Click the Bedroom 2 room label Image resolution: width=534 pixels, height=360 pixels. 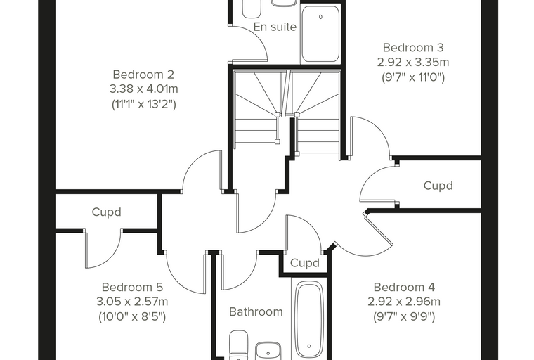(x=143, y=75)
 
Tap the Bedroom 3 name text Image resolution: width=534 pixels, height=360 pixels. (x=413, y=47)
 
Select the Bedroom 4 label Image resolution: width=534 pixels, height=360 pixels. (x=404, y=287)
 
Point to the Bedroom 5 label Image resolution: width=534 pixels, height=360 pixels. (x=132, y=287)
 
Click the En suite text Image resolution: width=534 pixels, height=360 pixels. (x=275, y=27)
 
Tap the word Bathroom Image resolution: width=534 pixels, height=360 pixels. (x=256, y=311)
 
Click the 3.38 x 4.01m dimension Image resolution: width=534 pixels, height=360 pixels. (x=144, y=89)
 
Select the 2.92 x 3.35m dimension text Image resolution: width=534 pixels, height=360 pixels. (x=413, y=62)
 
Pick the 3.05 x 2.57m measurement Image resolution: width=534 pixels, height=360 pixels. (x=132, y=302)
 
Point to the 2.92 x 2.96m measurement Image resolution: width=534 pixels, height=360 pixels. (x=404, y=302)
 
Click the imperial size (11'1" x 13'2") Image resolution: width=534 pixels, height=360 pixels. (x=144, y=104)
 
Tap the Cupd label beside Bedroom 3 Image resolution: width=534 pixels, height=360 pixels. (x=438, y=186)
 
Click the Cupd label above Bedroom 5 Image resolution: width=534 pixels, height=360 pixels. (x=106, y=212)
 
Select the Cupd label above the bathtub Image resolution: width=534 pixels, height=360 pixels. (x=305, y=263)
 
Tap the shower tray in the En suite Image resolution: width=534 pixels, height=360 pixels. (x=320, y=34)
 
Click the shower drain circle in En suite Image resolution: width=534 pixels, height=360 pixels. (x=320, y=17)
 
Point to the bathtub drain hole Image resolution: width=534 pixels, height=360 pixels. (x=309, y=346)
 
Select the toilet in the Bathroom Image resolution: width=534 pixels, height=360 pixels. (x=238, y=345)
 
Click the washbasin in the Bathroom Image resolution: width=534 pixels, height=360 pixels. (x=268, y=351)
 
